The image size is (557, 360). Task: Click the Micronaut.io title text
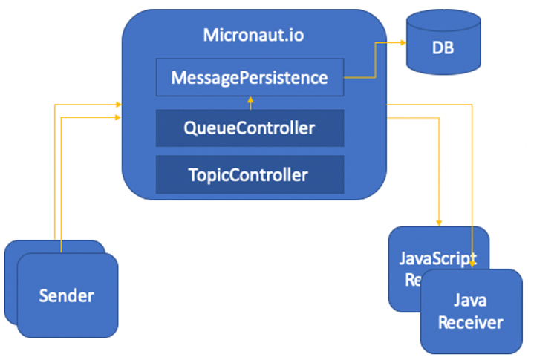coord(253,35)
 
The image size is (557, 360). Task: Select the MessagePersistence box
coord(250,77)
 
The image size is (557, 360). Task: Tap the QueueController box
coord(250,128)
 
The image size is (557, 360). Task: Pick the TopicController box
coord(250,175)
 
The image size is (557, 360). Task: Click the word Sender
coord(67,295)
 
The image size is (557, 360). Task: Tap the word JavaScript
coord(438,258)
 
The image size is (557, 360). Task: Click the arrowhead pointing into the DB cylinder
coord(401,44)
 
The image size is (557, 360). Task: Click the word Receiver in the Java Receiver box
coord(470,323)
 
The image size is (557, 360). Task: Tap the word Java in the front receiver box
coord(470,301)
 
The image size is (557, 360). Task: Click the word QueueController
coord(250,128)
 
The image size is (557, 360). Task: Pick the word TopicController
coord(250,175)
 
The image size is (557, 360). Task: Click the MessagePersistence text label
coord(250,77)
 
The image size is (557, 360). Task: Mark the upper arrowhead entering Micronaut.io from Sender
coord(119,105)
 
